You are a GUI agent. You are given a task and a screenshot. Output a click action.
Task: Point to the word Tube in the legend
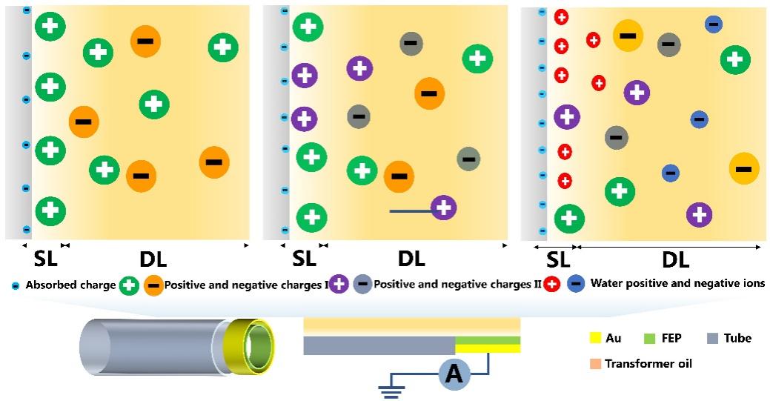pos(738,339)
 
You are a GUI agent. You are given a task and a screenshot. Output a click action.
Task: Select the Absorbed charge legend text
pos(70,285)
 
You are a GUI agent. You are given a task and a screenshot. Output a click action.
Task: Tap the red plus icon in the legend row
pos(551,283)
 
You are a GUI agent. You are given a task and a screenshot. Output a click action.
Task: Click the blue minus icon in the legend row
pos(575,283)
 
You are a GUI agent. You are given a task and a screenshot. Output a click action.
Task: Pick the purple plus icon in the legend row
pos(339,284)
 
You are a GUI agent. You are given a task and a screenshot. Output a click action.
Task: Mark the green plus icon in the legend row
pos(130,285)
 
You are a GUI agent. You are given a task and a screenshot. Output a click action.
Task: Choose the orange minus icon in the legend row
pos(153,285)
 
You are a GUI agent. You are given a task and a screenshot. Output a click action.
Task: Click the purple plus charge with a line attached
pos(443,208)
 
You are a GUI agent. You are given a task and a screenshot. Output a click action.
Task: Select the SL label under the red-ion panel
pos(557,260)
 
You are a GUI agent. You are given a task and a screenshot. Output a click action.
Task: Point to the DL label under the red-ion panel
pos(675,260)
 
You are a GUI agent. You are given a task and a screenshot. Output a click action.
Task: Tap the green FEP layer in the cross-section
pos(487,340)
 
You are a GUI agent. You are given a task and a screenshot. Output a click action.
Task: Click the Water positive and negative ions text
pos(677,283)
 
